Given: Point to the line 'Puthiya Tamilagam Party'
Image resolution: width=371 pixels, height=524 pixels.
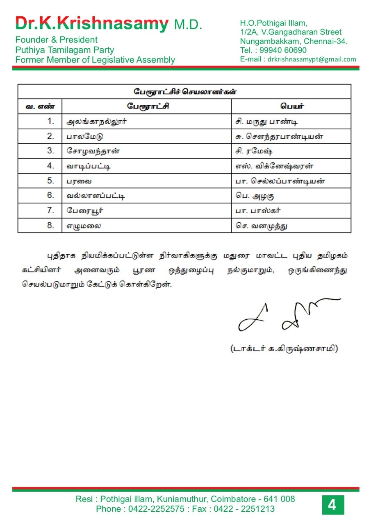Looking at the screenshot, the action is (x=65, y=50).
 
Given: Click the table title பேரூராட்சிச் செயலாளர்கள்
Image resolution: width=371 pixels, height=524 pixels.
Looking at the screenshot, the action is (x=184, y=92).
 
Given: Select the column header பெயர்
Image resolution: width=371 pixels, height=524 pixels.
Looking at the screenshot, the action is (x=292, y=106).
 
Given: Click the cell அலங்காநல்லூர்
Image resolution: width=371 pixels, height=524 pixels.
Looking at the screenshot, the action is (x=97, y=122).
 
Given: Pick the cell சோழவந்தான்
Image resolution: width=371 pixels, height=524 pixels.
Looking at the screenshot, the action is (x=93, y=151).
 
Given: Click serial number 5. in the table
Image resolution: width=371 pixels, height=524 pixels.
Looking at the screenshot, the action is (x=50, y=181).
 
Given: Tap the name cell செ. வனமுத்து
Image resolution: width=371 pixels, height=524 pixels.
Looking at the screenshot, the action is (x=262, y=226).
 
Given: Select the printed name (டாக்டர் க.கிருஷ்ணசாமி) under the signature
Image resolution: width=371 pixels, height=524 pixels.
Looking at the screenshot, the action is (x=284, y=349).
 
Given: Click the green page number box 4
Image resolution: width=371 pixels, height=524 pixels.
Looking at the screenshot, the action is (x=332, y=505).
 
